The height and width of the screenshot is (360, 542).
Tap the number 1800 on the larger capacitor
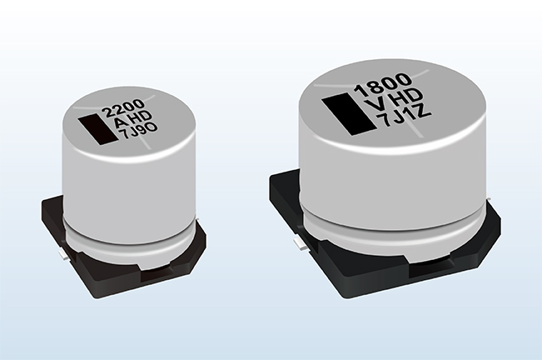(383, 84)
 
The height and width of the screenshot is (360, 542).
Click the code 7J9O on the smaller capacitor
(138, 130)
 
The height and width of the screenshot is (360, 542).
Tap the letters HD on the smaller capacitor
(142, 116)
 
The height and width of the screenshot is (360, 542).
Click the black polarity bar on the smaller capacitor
(97, 130)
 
